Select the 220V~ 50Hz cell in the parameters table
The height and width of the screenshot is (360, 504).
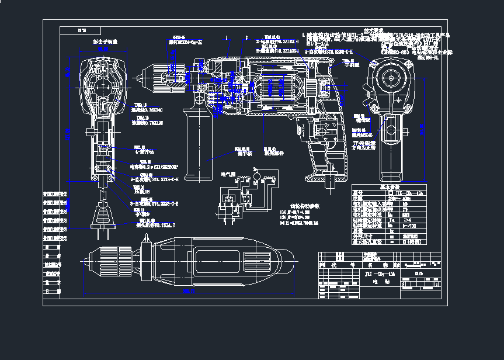[403, 198]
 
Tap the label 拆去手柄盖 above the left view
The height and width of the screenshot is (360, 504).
[105, 42]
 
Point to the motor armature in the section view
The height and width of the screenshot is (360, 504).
[274, 88]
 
